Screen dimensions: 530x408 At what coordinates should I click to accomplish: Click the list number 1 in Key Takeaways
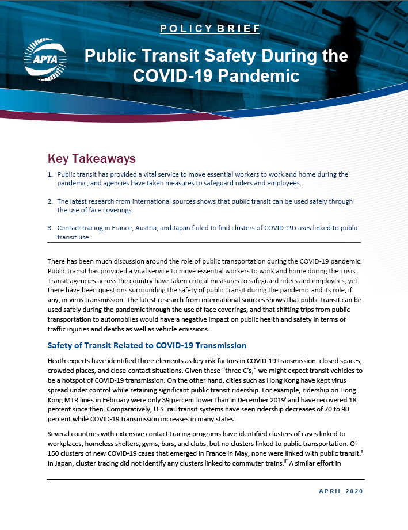coord(50,174)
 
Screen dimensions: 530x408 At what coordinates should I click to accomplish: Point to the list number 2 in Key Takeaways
coord(50,201)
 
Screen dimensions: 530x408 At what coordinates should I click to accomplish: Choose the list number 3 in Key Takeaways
coord(50,228)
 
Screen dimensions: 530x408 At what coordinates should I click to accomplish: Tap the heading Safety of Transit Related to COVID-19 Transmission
coord(147,345)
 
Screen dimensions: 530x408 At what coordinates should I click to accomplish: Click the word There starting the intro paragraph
coord(57,261)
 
